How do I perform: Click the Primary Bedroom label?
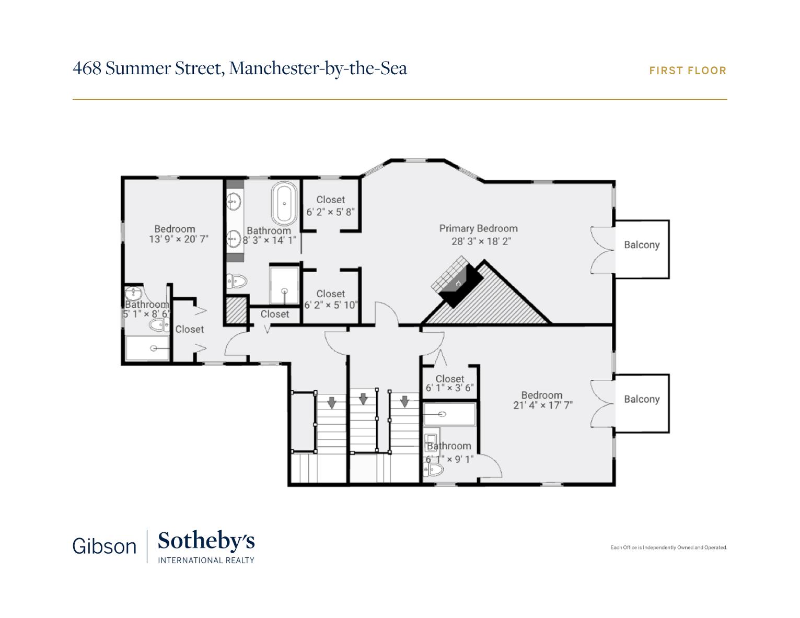point(478,229)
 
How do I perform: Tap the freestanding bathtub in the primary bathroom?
point(284,204)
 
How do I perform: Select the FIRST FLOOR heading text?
point(688,71)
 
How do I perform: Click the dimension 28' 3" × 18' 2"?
point(481,241)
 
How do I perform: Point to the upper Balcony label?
point(642,245)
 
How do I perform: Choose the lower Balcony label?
point(642,399)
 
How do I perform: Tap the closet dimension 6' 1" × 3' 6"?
point(449,388)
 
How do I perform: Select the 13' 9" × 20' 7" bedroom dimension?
point(179,239)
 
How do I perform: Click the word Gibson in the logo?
point(105,546)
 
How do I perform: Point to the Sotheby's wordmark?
point(206,541)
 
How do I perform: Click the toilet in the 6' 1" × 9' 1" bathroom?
point(433,469)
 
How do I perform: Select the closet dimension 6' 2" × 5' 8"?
point(331,212)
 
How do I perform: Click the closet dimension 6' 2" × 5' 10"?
point(331,305)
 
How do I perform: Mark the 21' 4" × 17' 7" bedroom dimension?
point(543,405)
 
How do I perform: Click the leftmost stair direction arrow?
point(332,403)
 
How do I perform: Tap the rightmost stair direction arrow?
point(404,401)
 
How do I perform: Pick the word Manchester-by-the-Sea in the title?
point(318,68)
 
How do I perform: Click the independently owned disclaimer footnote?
point(668,547)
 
